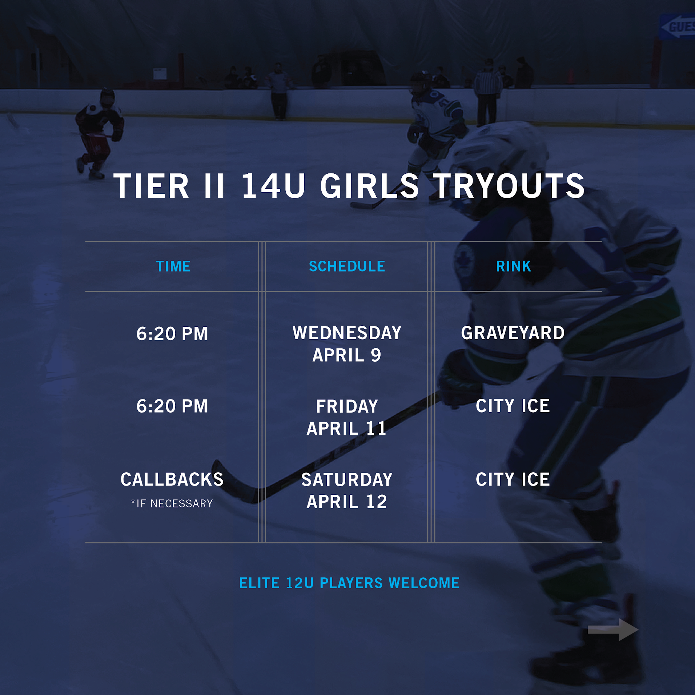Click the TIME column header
click(x=173, y=266)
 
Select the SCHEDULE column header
click(x=347, y=266)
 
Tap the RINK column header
click(x=513, y=266)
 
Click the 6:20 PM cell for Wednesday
click(x=172, y=334)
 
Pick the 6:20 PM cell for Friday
click(x=172, y=406)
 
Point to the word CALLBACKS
click(x=172, y=479)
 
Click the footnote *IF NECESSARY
click(x=172, y=503)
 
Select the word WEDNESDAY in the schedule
click(x=347, y=333)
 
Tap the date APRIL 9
click(x=347, y=355)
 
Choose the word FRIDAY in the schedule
click(x=347, y=406)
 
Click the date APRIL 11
click(x=347, y=429)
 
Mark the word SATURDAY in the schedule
click(x=347, y=480)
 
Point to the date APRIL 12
click(x=347, y=502)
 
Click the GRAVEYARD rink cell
click(x=513, y=333)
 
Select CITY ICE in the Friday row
click(x=513, y=406)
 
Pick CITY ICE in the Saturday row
click(x=513, y=479)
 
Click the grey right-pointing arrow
click(x=613, y=630)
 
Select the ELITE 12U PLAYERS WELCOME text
click(x=349, y=583)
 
